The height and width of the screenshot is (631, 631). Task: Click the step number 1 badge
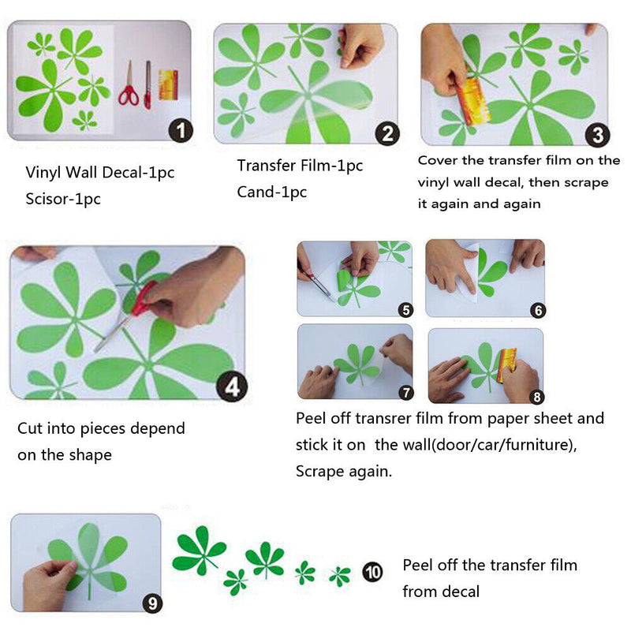click(181, 130)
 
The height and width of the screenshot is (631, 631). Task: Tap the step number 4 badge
click(232, 387)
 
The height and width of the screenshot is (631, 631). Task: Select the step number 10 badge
click(372, 572)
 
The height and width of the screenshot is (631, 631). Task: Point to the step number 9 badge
click(152, 603)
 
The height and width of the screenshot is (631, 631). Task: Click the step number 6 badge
click(538, 310)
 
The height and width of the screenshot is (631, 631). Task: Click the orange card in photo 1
click(169, 85)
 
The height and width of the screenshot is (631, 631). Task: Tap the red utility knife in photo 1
click(147, 85)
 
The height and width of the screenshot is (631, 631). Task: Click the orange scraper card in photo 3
click(472, 101)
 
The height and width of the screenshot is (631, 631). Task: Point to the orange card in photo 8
click(507, 364)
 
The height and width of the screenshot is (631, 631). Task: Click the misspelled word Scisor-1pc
click(63, 199)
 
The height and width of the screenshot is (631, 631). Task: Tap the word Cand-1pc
click(272, 192)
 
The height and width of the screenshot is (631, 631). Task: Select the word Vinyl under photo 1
click(43, 173)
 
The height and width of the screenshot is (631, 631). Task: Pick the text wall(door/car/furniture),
click(476, 445)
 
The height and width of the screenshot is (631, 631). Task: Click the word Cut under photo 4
click(30, 428)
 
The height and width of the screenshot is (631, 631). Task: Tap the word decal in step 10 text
click(461, 592)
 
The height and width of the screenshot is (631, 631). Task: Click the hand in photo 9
click(48, 584)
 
